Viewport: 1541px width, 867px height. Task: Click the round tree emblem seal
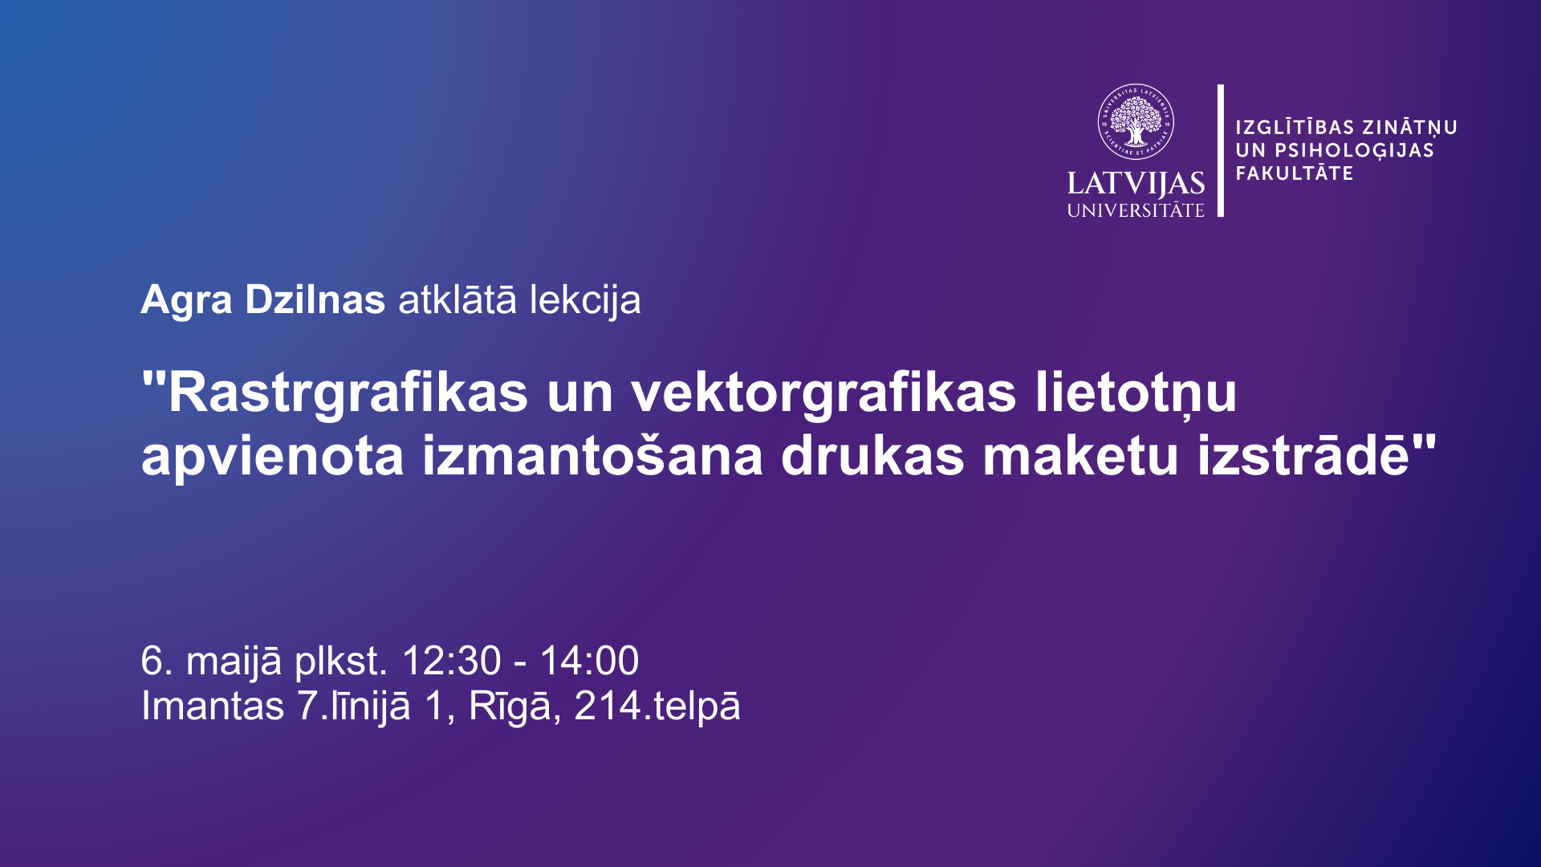(1136, 122)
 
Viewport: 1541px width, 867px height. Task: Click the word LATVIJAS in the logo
(1136, 184)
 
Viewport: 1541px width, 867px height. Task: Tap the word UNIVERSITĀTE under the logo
(1136, 210)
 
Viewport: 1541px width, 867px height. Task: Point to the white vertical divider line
(1221, 150)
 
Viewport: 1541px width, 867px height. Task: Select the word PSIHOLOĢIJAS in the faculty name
(1354, 150)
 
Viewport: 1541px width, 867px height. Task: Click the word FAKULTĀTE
(1295, 173)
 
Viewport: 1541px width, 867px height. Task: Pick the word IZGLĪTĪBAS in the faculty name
(1295, 127)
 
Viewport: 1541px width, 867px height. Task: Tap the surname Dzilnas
(315, 300)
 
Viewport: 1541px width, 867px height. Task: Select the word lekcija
(585, 301)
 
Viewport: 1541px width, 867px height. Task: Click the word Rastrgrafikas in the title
(348, 394)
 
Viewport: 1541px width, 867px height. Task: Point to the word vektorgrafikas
(823, 394)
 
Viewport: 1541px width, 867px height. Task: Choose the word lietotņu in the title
(1136, 394)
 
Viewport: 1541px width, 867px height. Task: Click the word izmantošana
(592, 456)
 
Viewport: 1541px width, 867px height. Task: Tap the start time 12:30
(451, 661)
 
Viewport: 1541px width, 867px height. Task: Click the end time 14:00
(589, 661)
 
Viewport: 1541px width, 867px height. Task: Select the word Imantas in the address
(213, 706)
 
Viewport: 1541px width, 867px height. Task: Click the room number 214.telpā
(657, 707)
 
